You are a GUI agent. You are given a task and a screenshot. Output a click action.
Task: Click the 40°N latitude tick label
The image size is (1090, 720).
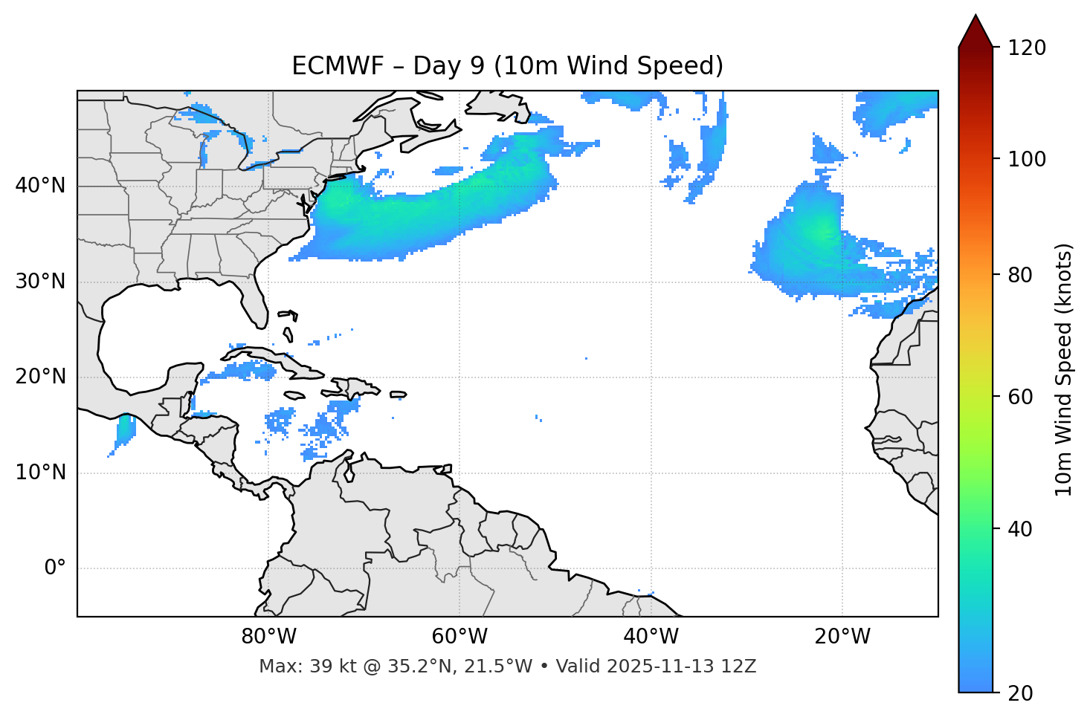click(40, 186)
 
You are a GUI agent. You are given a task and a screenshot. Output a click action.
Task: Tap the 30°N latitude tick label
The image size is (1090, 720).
click(40, 282)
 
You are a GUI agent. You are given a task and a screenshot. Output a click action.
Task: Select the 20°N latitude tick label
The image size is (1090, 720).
click(40, 377)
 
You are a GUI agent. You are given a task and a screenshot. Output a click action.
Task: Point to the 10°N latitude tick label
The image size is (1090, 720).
click(40, 473)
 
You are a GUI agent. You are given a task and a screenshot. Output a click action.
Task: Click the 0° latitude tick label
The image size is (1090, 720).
click(55, 568)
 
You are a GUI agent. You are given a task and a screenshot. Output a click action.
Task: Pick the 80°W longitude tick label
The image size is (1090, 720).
click(268, 637)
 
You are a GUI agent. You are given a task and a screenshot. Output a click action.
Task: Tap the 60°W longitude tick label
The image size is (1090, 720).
click(459, 637)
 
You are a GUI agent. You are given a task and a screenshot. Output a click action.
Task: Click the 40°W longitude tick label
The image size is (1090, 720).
click(651, 637)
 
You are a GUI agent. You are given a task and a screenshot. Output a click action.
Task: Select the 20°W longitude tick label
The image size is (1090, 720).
click(842, 637)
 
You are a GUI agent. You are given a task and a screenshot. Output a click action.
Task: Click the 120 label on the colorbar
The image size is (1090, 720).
click(1027, 48)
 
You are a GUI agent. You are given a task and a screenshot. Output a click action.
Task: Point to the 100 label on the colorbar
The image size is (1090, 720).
click(1027, 159)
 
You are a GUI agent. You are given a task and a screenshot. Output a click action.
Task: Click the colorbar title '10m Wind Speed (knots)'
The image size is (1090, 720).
click(1064, 369)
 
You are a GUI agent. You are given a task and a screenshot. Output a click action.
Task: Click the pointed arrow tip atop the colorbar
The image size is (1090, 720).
click(975, 18)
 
